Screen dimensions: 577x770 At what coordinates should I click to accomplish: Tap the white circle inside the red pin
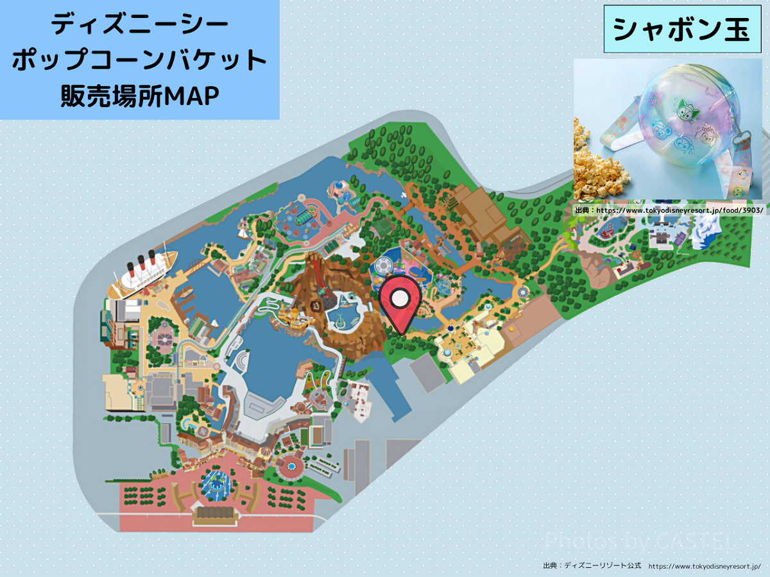[400, 297]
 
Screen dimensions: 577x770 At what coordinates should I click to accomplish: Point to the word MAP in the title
[192, 96]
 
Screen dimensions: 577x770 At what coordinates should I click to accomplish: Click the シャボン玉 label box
[681, 29]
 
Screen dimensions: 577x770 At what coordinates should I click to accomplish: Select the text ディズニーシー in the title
[139, 26]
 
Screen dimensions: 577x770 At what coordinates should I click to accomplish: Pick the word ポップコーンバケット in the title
[139, 61]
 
